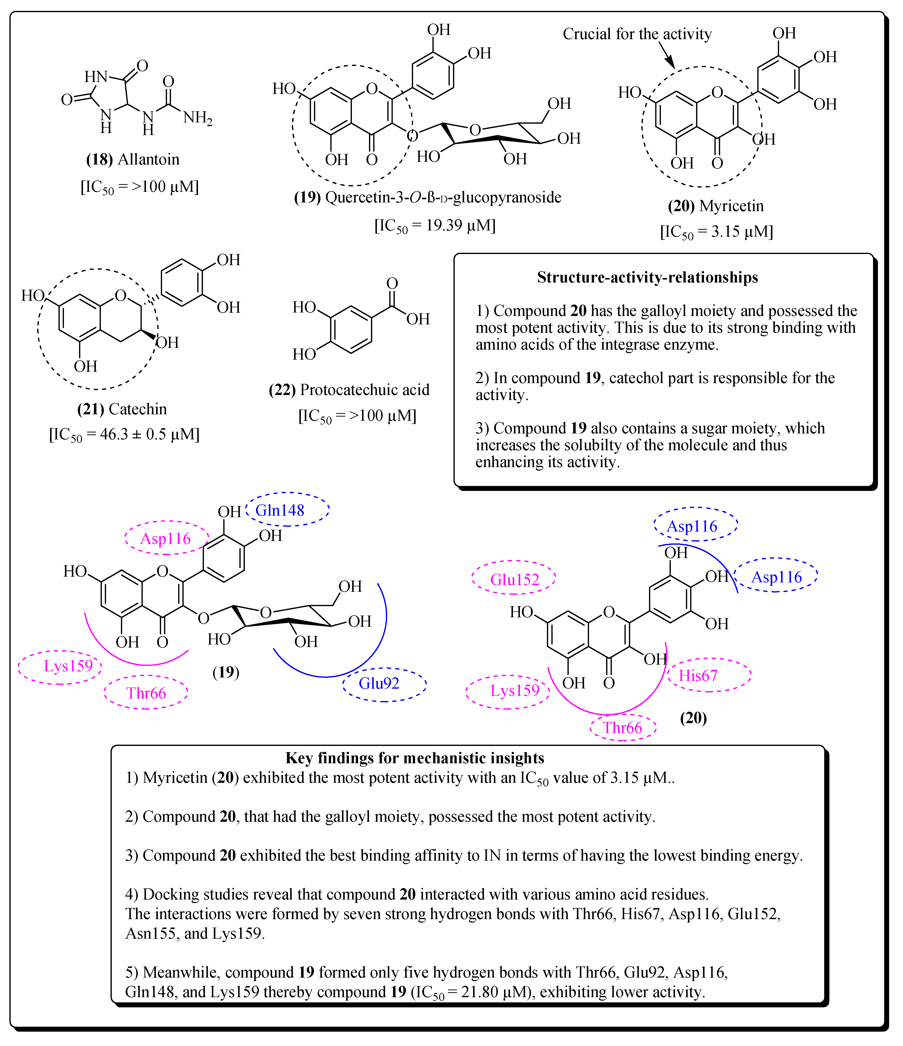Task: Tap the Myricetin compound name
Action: pos(732,206)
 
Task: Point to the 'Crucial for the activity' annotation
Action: pos(637,34)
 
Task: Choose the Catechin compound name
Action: pos(137,409)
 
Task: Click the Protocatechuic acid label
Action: pos(365,390)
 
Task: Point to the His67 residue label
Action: pos(698,676)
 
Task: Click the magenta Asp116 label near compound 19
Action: pos(166,539)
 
